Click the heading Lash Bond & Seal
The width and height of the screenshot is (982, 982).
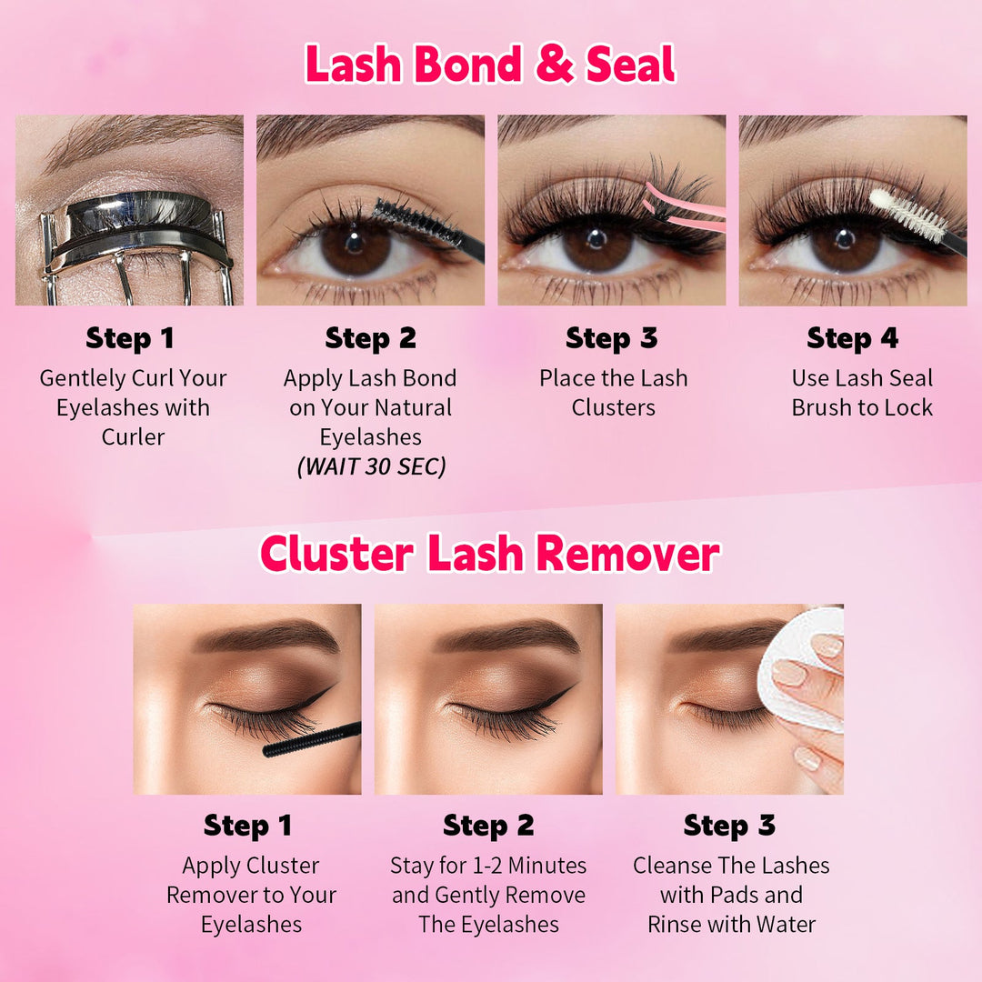[x=490, y=65]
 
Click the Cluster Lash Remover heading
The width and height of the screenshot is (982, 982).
[x=490, y=554]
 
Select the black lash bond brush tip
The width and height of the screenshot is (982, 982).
[x=418, y=222]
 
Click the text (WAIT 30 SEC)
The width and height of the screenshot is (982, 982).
[x=371, y=467]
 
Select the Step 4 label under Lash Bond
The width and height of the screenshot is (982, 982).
[x=852, y=338]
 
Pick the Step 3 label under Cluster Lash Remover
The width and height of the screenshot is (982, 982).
[x=729, y=826]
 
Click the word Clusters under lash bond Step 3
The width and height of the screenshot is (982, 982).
[x=614, y=407]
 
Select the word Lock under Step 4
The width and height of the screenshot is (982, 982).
[x=908, y=407]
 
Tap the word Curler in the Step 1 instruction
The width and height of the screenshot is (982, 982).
[x=133, y=436]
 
